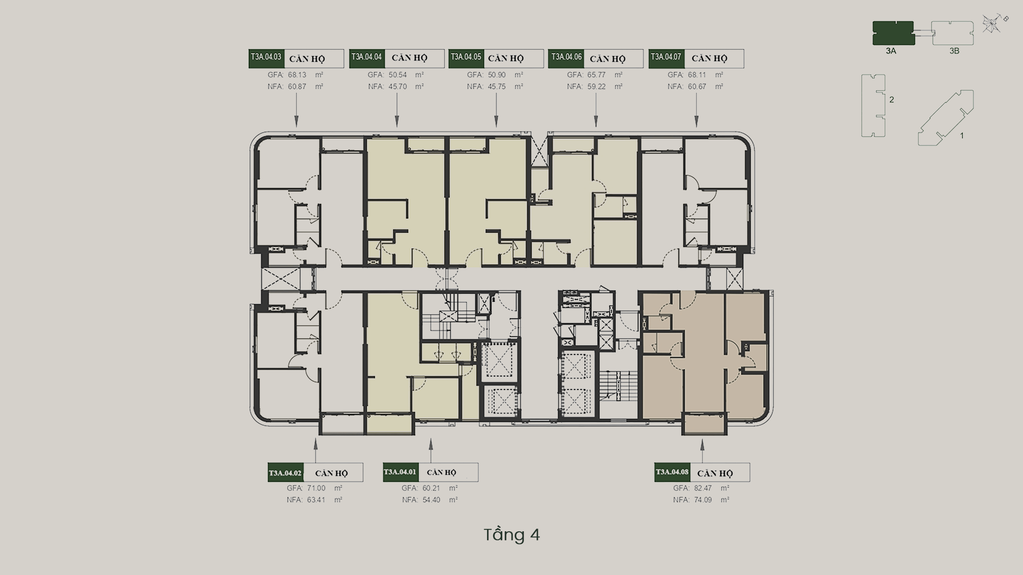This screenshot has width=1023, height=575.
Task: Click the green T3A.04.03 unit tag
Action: [x=266, y=59]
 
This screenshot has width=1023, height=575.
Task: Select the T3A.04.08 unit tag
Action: [x=672, y=472]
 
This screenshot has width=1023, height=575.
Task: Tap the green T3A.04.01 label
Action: [x=400, y=472]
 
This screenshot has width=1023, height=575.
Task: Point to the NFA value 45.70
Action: [x=398, y=86]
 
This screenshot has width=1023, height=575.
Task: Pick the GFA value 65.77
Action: [x=597, y=75]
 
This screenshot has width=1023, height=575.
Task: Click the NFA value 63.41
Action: [x=316, y=500]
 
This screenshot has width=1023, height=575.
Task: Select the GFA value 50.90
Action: [x=497, y=75]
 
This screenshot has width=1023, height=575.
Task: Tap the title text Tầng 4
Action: [x=511, y=535]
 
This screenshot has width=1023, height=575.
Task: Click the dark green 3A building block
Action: [x=893, y=33]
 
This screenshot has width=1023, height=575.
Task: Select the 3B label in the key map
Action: [x=954, y=51]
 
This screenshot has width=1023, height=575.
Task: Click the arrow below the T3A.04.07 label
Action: [x=696, y=110]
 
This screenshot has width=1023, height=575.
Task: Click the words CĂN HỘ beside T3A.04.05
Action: [x=505, y=59]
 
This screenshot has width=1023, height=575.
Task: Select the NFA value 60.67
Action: [x=697, y=86]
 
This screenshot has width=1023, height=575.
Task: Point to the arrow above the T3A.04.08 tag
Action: [x=702, y=451]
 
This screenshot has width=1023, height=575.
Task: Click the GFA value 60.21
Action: [x=431, y=488]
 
